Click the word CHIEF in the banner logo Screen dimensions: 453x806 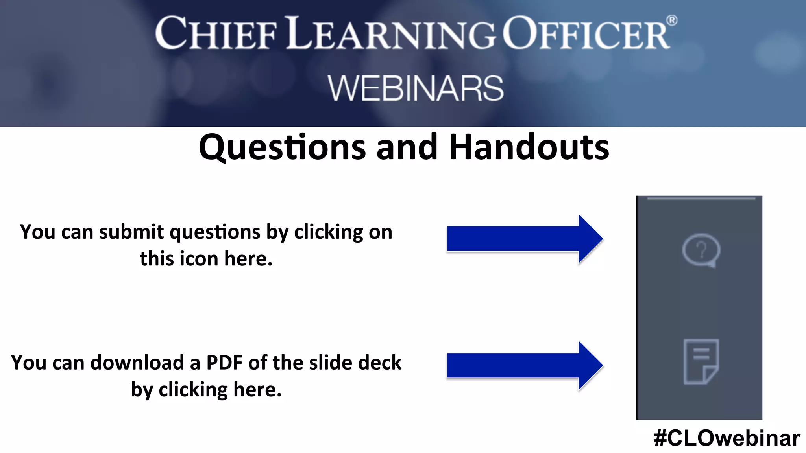click(216, 33)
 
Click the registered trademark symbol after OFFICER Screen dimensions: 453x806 click(672, 20)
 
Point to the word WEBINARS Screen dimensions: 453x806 click(416, 88)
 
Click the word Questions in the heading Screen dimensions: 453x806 click(282, 147)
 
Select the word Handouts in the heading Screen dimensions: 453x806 click(529, 147)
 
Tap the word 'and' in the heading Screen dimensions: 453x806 click(407, 147)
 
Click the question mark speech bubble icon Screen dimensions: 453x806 click(701, 250)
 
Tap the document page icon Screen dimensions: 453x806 click(701, 361)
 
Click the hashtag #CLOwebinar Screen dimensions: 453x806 click(727, 438)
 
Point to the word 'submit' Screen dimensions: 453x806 click(131, 232)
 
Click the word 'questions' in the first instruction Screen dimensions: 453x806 click(215, 232)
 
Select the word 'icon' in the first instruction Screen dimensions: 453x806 click(199, 259)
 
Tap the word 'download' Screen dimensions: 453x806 click(137, 362)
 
